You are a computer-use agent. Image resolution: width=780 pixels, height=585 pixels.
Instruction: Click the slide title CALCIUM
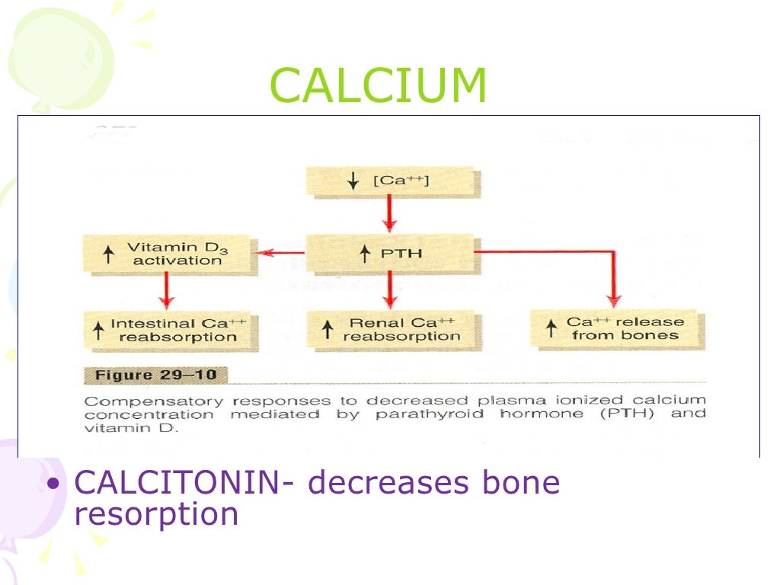[x=378, y=86]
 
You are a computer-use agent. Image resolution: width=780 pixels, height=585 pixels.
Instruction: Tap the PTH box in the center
[x=389, y=252]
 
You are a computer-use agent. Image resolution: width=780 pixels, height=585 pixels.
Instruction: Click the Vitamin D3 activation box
[x=166, y=254]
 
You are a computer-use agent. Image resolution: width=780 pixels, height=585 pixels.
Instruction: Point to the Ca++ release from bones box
[x=616, y=329]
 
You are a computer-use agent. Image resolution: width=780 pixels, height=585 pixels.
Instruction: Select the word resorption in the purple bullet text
[x=156, y=514]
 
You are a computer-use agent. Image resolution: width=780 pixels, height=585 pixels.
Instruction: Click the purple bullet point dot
[x=53, y=485]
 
